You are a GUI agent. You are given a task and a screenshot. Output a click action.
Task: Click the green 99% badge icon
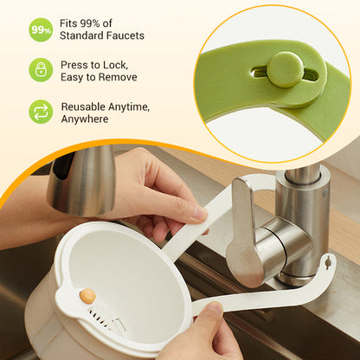[x=41, y=29]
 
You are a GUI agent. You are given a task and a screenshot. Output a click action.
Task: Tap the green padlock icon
[x=41, y=70]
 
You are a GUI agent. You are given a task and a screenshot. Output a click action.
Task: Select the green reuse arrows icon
[x=41, y=112]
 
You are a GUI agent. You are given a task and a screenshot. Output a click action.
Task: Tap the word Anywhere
[x=85, y=119]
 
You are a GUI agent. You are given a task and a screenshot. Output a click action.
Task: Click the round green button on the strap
[x=285, y=69]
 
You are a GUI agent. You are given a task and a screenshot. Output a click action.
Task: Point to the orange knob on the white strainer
[x=87, y=296]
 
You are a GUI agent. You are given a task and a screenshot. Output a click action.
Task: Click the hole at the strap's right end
[x=326, y=259]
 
